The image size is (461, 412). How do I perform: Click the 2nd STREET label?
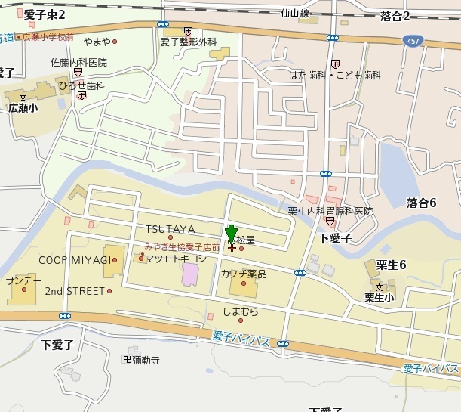pos(75,291)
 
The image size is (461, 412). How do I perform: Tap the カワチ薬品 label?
pos(243,274)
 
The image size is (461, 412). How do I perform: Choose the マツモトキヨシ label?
pos(176,259)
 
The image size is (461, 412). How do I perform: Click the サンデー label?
pos(23,280)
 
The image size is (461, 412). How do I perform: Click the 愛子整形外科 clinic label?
pos(188,42)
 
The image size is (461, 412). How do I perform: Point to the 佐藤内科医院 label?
pos(79,62)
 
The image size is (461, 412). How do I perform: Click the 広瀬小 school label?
pos(22,108)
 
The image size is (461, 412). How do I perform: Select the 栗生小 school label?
pos(380,298)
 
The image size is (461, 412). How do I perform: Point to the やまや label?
pos(97,41)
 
